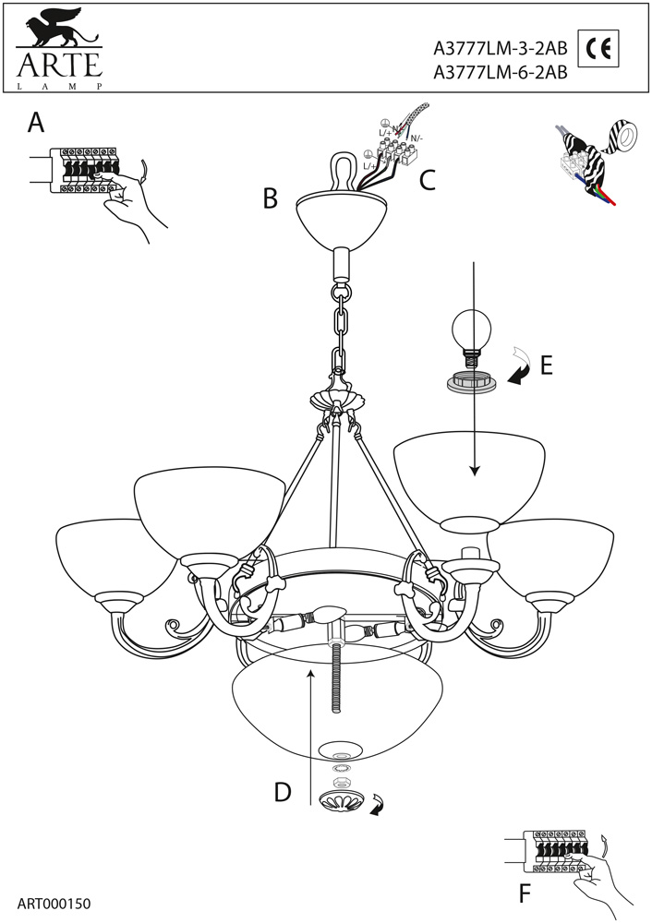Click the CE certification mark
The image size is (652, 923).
point(597,50)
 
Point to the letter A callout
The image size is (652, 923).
point(36,123)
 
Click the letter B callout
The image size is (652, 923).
point(270,198)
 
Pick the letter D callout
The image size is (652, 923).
point(283,792)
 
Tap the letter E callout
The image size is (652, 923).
point(546,366)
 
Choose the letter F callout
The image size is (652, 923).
point(525,893)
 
